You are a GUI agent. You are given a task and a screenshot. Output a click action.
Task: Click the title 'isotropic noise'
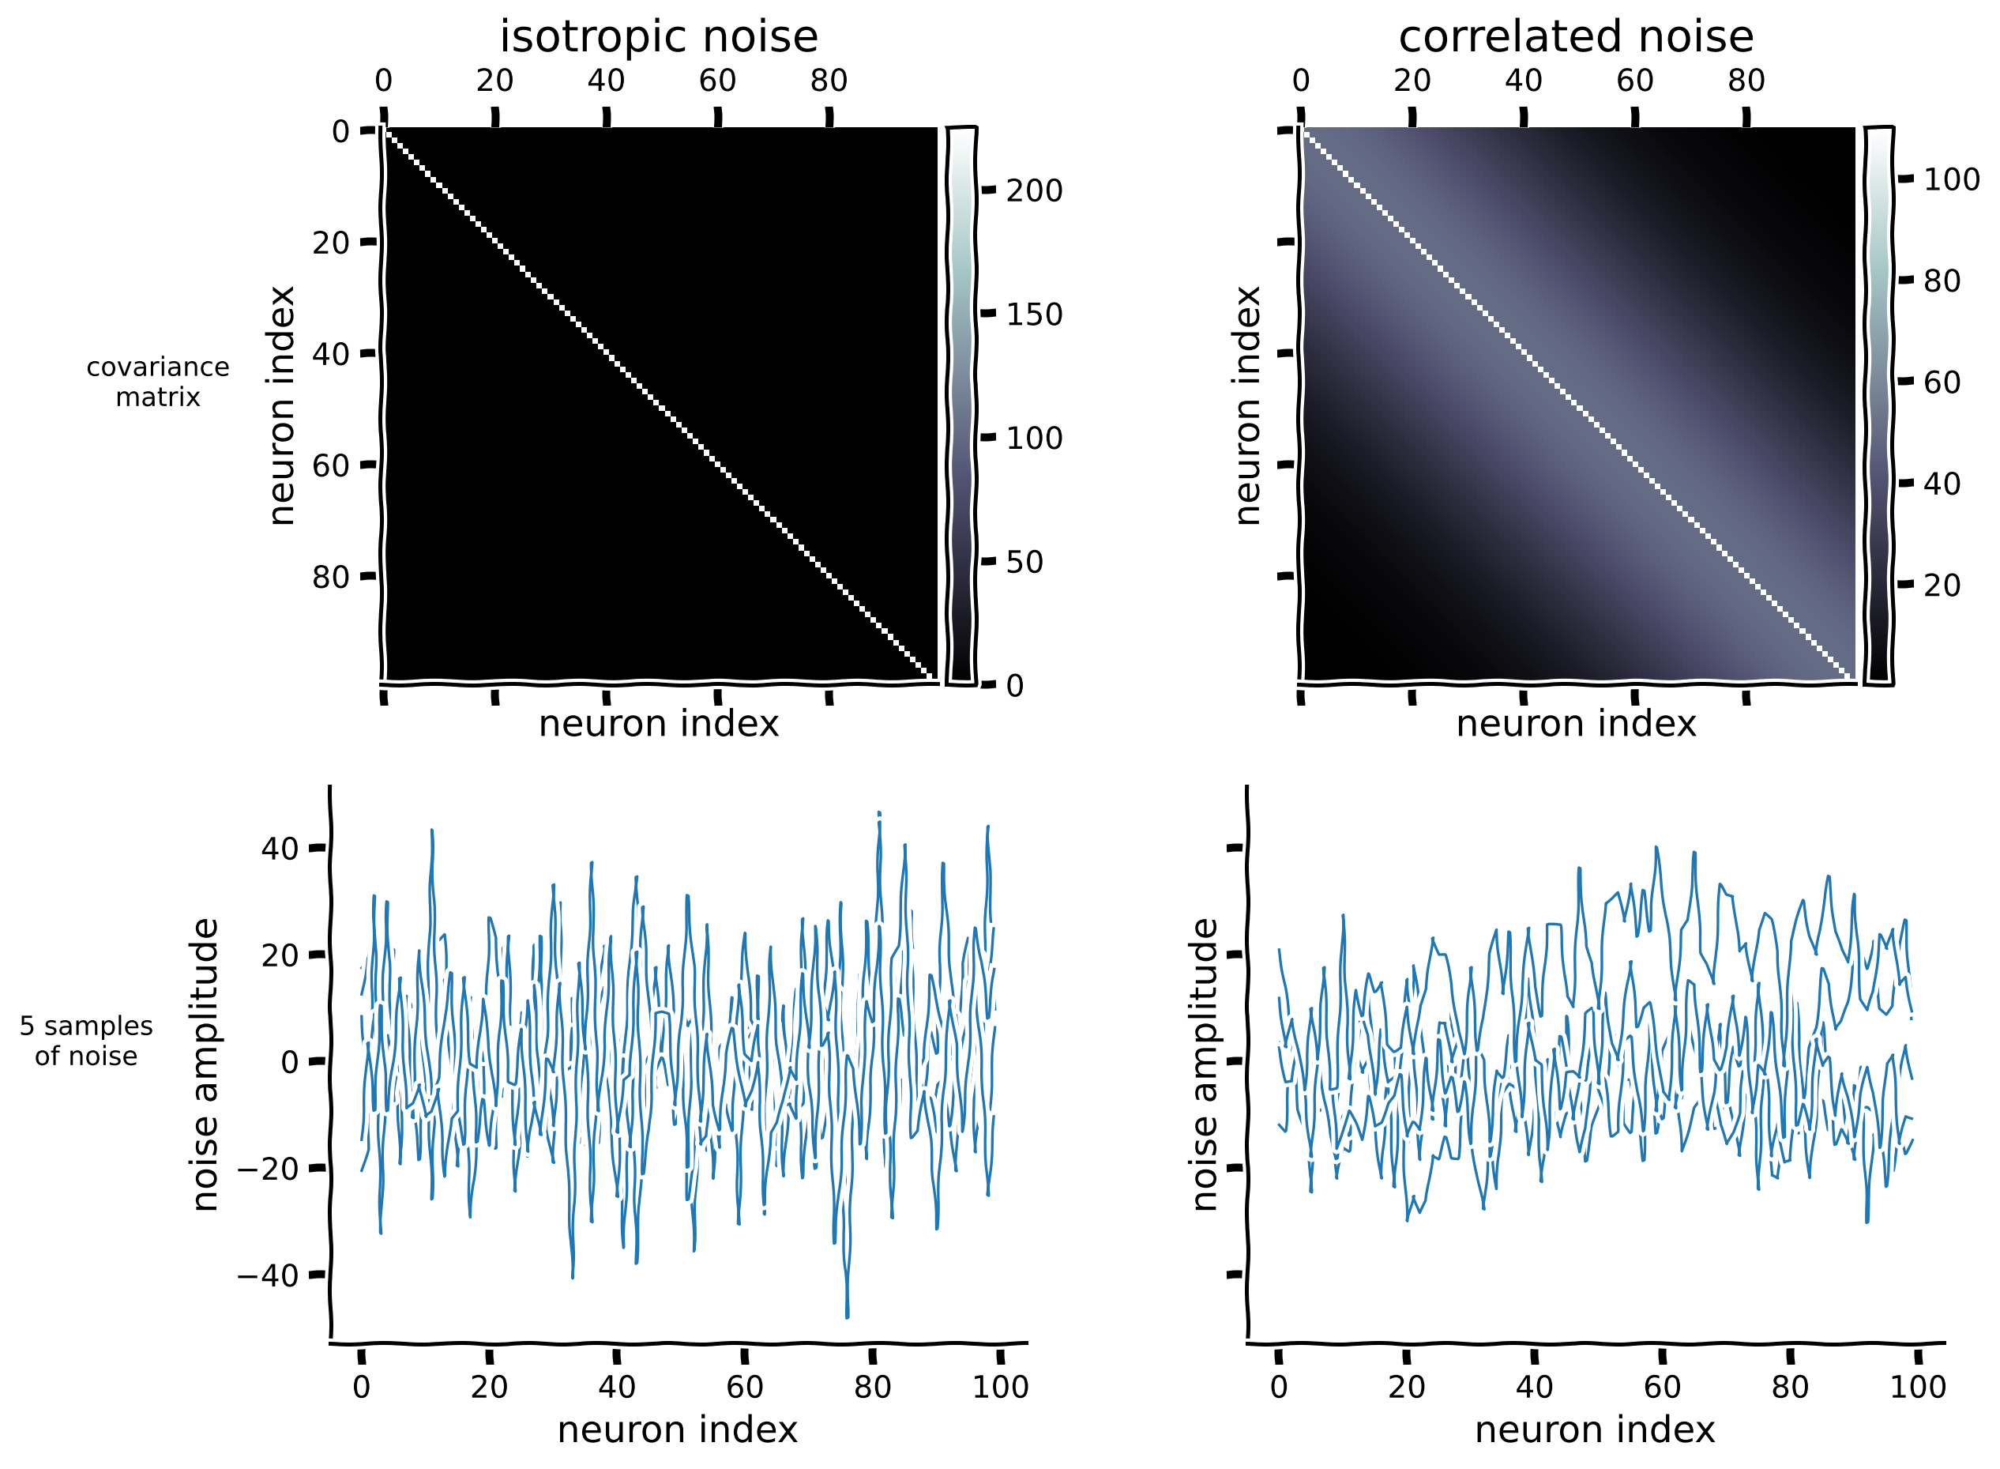tap(658, 37)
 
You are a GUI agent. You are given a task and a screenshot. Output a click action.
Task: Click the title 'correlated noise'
tap(1575, 37)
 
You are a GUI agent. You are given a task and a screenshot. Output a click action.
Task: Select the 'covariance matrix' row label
tap(158, 382)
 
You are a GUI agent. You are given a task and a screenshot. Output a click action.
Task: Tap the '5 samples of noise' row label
tap(86, 1041)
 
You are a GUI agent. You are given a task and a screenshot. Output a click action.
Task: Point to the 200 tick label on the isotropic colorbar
tap(1034, 191)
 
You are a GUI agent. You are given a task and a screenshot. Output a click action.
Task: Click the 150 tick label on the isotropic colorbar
tap(1034, 315)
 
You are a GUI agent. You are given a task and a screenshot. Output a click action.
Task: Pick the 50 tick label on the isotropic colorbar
tap(1024, 563)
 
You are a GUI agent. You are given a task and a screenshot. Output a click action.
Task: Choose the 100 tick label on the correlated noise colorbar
tap(1951, 180)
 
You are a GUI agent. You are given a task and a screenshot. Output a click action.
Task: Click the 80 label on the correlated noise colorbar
tap(1942, 282)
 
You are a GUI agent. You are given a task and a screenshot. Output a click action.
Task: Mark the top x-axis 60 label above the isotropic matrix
tap(717, 81)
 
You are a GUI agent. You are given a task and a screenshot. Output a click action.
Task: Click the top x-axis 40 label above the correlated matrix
tap(1523, 81)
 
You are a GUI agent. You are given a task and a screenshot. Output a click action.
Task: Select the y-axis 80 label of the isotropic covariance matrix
tap(329, 578)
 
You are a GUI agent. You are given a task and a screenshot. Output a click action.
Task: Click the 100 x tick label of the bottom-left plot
tap(1000, 1387)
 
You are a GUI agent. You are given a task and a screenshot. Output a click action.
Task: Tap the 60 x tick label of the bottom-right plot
tap(1661, 1387)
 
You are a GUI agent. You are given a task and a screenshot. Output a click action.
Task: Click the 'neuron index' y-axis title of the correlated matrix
tap(1248, 405)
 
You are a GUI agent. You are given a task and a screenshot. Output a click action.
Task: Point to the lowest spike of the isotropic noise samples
tap(847, 1315)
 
